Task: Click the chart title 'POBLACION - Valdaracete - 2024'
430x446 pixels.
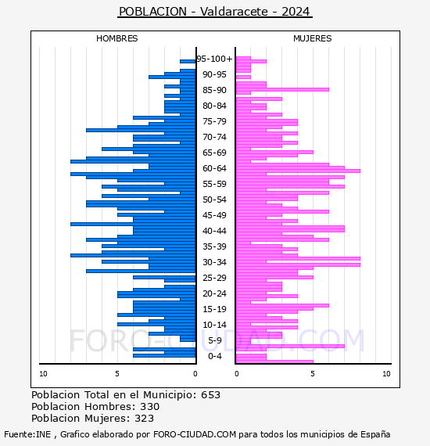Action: [x=215, y=12]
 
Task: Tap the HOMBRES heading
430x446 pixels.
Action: [x=116, y=38]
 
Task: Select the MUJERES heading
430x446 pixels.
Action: [x=313, y=38]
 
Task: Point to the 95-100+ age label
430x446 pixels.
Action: [x=214, y=59]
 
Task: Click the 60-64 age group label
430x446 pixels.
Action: [x=214, y=168]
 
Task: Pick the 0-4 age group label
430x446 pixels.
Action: [x=214, y=356]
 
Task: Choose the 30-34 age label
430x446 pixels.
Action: [x=214, y=262]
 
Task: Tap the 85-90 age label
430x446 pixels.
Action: [x=214, y=90]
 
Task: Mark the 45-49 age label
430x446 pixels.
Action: [x=214, y=215]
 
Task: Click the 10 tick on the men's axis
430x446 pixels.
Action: [x=43, y=374]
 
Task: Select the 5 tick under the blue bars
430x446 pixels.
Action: [x=117, y=374]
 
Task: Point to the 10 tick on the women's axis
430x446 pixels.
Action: [x=386, y=374]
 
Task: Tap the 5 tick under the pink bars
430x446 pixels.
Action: [x=313, y=374]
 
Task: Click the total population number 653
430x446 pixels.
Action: [x=210, y=395]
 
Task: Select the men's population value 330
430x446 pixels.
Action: [x=150, y=406]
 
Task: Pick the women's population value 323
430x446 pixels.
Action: [x=144, y=418]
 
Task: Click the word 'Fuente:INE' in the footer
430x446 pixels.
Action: [x=27, y=434]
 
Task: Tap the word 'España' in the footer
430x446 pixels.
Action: [x=375, y=434]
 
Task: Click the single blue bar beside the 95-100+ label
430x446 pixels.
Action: [x=188, y=62]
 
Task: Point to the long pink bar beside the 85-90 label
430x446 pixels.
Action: [x=282, y=90]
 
